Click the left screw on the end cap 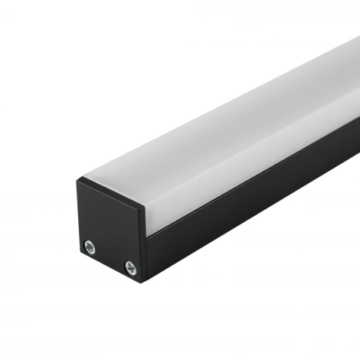90,246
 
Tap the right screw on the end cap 129,267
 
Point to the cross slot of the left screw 90,246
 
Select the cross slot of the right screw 129,267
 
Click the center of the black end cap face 111,227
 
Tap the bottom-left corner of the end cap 80,250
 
